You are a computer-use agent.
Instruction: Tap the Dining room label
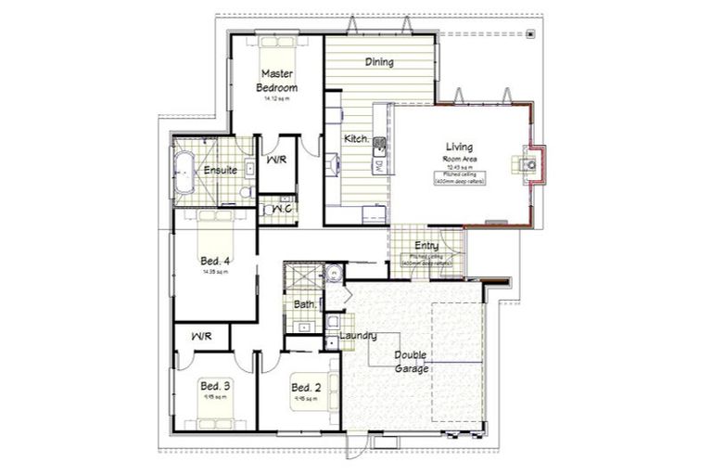coord(378,63)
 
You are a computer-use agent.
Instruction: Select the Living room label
coord(459,148)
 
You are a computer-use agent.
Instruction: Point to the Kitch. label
coord(357,139)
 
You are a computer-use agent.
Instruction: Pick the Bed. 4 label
coord(215,263)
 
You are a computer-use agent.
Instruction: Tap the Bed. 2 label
coord(306,387)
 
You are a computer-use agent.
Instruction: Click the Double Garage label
coord(411,362)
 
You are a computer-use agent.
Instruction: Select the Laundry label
coord(358,335)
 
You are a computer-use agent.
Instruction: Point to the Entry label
coord(426,246)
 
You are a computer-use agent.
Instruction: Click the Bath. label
coord(305,303)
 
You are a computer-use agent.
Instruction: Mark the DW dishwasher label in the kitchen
coord(379,165)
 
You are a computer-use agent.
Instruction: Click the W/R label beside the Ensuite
coord(278,160)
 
